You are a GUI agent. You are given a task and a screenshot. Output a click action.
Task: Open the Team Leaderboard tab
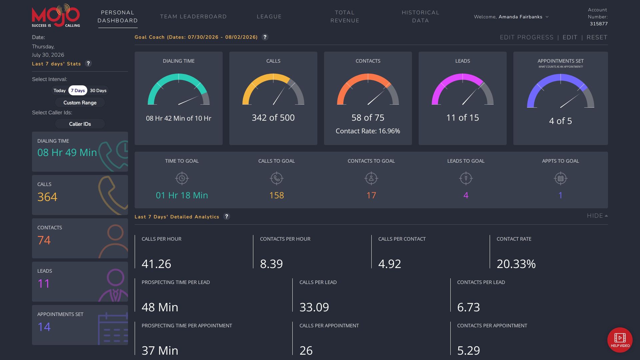(193, 17)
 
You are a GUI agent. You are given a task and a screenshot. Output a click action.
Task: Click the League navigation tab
(269, 17)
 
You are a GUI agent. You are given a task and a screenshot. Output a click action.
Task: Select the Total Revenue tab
(345, 17)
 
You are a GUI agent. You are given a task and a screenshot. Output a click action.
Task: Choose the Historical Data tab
(420, 17)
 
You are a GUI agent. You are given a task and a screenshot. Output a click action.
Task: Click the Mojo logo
(56, 16)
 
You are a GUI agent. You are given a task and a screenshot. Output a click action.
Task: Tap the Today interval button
(60, 91)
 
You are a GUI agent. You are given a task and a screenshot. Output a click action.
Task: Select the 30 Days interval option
(98, 91)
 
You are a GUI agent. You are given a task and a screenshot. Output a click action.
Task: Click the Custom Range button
(80, 103)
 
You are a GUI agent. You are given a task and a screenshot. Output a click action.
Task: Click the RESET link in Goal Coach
(597, 37)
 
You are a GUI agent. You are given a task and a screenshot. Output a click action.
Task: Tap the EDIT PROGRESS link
(527, 37)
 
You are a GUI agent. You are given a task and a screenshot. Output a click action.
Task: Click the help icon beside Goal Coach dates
(265, 37)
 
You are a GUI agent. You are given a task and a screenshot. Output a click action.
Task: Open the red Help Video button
(620, 340)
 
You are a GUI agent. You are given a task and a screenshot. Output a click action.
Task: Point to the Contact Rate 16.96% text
(368, 131)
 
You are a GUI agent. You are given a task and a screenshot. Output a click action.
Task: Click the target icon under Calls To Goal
(277, 178)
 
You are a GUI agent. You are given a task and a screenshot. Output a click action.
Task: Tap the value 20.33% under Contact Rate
(516, 264)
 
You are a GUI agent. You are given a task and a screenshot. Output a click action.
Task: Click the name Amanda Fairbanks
(520, 17)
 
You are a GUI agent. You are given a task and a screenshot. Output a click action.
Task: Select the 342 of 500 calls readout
(273, 118)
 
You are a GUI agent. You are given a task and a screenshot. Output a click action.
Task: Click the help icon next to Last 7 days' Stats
(88, 63)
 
